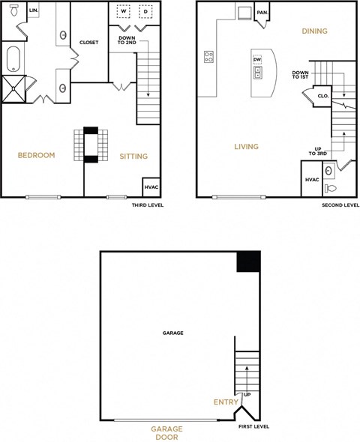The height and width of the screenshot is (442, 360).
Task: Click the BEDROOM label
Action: click(x=37, y=156)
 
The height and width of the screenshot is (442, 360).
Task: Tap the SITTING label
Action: click(x=133, y=157)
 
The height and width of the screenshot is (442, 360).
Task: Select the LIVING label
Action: click(x=246, y=147)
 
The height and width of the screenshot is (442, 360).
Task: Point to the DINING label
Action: click(x=314, y=31)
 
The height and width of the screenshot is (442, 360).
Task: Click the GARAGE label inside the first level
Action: click(x=172, y=333)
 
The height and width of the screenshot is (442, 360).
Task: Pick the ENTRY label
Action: click(x=226, y=402)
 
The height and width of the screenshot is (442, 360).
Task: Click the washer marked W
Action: click(x=123, y=13)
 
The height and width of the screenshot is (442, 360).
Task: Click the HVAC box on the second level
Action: click(x=312, y=181)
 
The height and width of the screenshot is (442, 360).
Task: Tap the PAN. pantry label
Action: click(x=262, y=13)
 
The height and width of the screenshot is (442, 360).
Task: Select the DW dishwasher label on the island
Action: click(x=257, y=59)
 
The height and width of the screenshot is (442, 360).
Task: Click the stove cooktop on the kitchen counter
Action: click(x=209, y=55)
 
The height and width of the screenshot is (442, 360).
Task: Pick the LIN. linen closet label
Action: click(x=34, y=10)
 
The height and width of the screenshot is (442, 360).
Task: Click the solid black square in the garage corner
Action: click(x=248, y=262)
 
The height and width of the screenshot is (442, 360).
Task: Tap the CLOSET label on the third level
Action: click(x=89, y=43)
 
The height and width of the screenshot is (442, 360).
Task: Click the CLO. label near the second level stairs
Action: click(x=323, y=96)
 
